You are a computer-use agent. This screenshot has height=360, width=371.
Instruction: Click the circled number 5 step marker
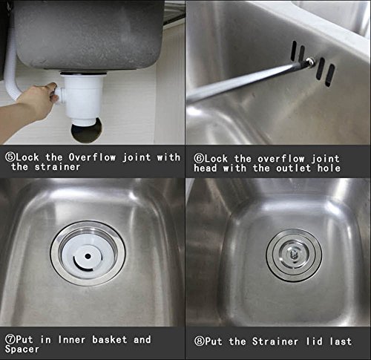10,157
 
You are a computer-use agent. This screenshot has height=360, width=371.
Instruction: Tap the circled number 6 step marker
199,159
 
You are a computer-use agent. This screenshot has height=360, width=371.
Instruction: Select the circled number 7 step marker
10,340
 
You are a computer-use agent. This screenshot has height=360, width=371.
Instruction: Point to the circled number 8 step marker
200,341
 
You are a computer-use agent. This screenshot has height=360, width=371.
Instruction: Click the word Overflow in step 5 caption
92,157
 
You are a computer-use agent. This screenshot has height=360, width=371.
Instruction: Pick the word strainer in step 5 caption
57,167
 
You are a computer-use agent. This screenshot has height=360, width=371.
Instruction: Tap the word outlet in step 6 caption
294,168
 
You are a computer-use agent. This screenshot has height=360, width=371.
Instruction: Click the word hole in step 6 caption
329,168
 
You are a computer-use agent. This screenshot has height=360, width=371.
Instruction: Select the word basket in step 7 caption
110,339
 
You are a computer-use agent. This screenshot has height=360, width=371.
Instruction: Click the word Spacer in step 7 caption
22,350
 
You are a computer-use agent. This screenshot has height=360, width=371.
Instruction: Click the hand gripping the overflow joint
37,98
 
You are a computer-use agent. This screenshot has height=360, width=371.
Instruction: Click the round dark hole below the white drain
86,132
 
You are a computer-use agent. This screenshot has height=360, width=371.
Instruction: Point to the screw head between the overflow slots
310,61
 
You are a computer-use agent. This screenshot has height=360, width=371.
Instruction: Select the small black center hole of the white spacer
88,256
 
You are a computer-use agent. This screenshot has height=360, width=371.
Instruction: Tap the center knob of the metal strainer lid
294,255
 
